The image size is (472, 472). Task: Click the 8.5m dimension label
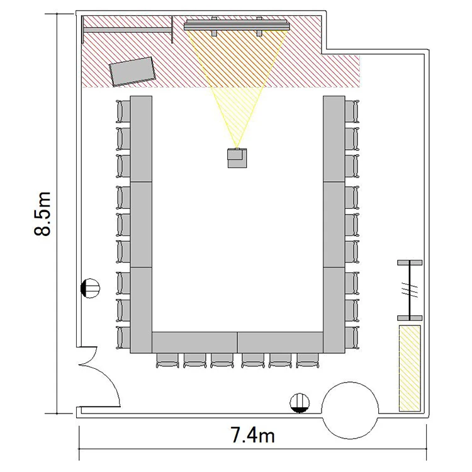pyautogui.click(x=42, y=213)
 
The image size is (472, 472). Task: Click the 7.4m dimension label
pyautogui.click(x=252, y=435)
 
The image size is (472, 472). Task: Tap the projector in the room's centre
pyautogui.click(x=237, y=158)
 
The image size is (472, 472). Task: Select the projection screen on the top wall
pyautogui.click(x=237, y=26)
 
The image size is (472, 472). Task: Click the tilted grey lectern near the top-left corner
pyautogui.click(x=132, y=71)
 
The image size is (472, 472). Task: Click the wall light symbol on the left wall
pyautogui.click(x=90, y=288)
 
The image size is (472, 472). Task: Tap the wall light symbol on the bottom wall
pyautogui.click(x=300, y=403)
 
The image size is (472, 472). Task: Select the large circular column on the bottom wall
pyautogui.click(x=350, y=410)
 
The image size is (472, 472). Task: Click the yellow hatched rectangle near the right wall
pyautogui.click(x=410, y=368)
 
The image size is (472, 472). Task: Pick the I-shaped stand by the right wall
pyautogui.click(x=410, y=290)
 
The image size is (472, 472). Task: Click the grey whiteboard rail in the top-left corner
pyautogui.click(x=127, y=30)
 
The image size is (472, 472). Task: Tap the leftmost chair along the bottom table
pyautogui.click(x=167, y=361)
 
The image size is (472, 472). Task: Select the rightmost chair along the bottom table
pyautogui.click(x=307, y=361)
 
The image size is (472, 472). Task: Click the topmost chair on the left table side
pyautogui.click(x=123, y=111)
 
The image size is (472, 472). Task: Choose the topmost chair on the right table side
pyautogui.click(x=352, y=111)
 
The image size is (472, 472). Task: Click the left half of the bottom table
pyautogui.click(x=194, y=342)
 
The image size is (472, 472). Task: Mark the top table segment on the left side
pyautogui.click(x=141, y=139)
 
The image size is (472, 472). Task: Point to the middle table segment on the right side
pyautogui.click(x=334, y=225)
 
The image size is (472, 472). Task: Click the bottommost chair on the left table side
pyautogui.click(x=123, y=338)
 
